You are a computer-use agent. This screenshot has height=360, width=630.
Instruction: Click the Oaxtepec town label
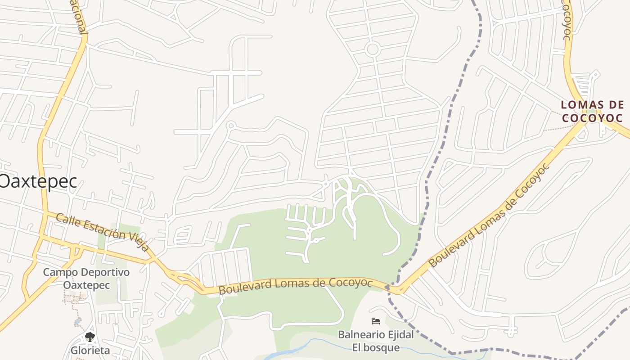point(39,181)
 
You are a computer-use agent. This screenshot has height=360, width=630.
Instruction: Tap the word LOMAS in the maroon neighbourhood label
point(578,105)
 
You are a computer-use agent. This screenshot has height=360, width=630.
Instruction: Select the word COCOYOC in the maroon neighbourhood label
point(592,118)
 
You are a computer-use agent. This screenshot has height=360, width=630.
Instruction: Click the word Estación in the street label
point(101,230)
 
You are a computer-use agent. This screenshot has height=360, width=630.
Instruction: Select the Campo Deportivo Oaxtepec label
point(86,279)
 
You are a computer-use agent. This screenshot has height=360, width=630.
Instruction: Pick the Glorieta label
point(90,350)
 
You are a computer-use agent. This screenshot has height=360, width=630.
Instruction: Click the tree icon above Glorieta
point(90,337)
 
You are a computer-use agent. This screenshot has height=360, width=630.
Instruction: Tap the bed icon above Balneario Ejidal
point(376,321)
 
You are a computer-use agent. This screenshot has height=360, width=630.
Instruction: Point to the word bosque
point(382,347)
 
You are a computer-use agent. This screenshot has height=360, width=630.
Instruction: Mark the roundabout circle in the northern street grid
point(372,49)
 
